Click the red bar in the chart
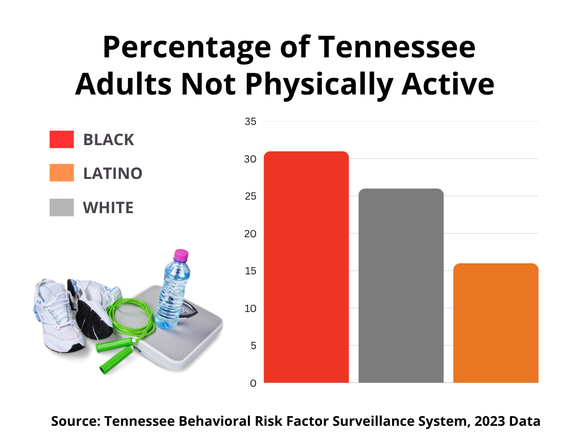(306, 267)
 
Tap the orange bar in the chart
(496, 323)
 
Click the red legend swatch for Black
(62, 139)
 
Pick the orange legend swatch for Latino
(62, 173)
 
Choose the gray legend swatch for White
(62, 207)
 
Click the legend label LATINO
(113, 173)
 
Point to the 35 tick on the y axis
(250, 122)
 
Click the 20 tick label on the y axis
(250, 234)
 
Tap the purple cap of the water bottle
(181, 255)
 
